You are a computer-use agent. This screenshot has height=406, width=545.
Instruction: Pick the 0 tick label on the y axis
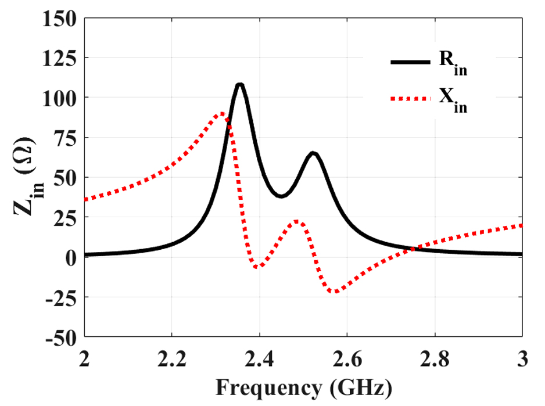pyautogui.click(x=70, y=257)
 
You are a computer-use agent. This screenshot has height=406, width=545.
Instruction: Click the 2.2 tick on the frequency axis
pyautogui.click(x=172, y=360)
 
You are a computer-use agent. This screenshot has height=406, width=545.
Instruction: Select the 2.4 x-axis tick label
pyautogui.click(x=260, y=360)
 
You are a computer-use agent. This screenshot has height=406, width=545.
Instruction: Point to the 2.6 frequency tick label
pyautogui.click(x=347, y=360)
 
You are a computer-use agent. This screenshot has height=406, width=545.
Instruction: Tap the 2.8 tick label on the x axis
pyautogui.click(x=435, y=360)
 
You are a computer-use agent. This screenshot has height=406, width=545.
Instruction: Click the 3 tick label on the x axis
pyautogui.click(x=522, y=360)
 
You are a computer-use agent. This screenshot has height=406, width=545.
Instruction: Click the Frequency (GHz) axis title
pyautogui.click(x=303, y=386)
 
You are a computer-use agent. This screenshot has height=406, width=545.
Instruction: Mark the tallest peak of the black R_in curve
pyautogui.click(x=239, y=85)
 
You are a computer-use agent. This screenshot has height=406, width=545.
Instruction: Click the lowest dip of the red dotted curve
pyautogui.click(x=335, y=292)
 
